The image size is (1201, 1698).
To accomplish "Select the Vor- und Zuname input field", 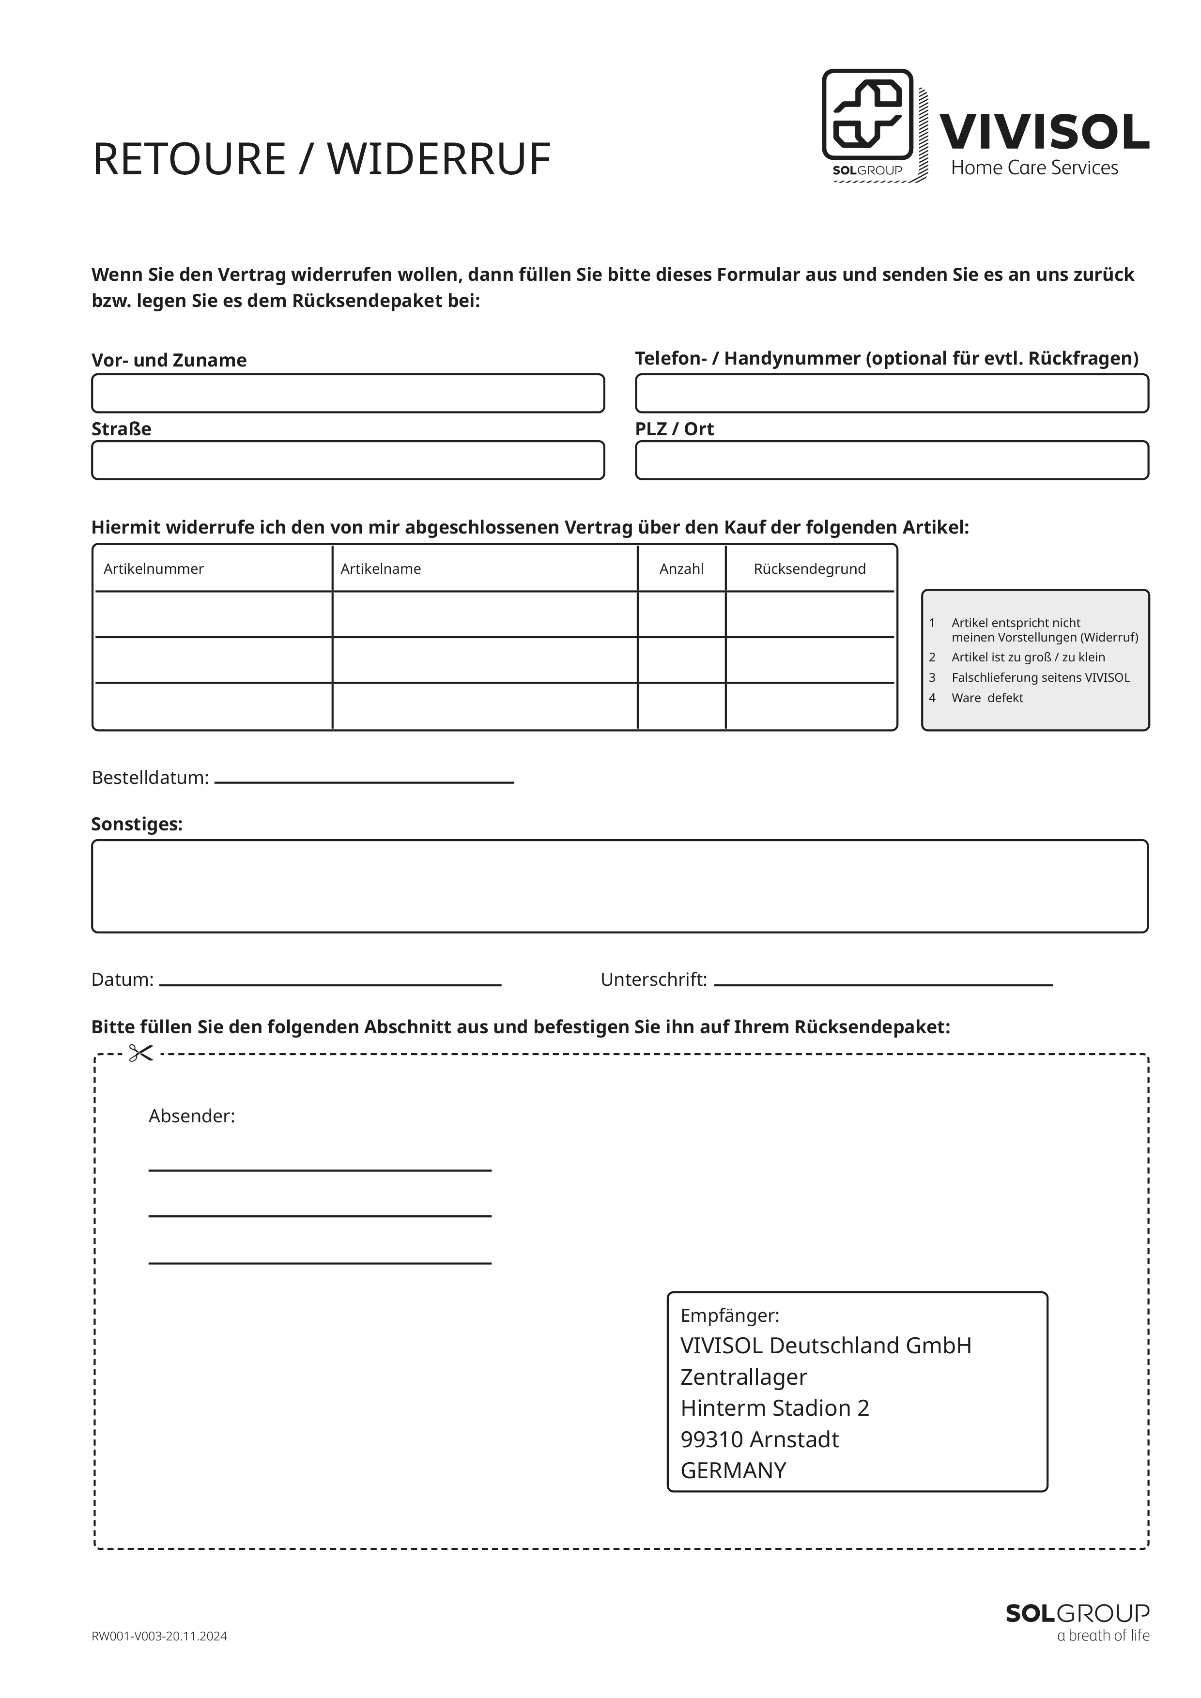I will pos(348,394).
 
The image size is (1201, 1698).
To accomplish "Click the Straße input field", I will pos(348,460).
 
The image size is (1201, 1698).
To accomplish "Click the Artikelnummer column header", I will pos(154,569).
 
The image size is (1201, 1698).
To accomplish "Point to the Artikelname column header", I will pos(380,569).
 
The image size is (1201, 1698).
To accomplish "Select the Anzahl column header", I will pos(681,569).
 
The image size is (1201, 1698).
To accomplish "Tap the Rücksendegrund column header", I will pos(809,569).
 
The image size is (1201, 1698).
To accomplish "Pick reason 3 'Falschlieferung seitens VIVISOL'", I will pos(1040,677).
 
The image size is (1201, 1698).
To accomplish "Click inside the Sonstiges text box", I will pos(620,886).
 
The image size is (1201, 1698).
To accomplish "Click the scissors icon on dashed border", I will pos(140,1053).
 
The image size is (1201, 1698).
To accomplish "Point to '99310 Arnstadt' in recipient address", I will pos(759,1439).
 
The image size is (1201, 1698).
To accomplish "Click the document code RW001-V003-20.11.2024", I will pos(159,1637).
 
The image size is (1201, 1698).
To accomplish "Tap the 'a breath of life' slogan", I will pos(1103,1635).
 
